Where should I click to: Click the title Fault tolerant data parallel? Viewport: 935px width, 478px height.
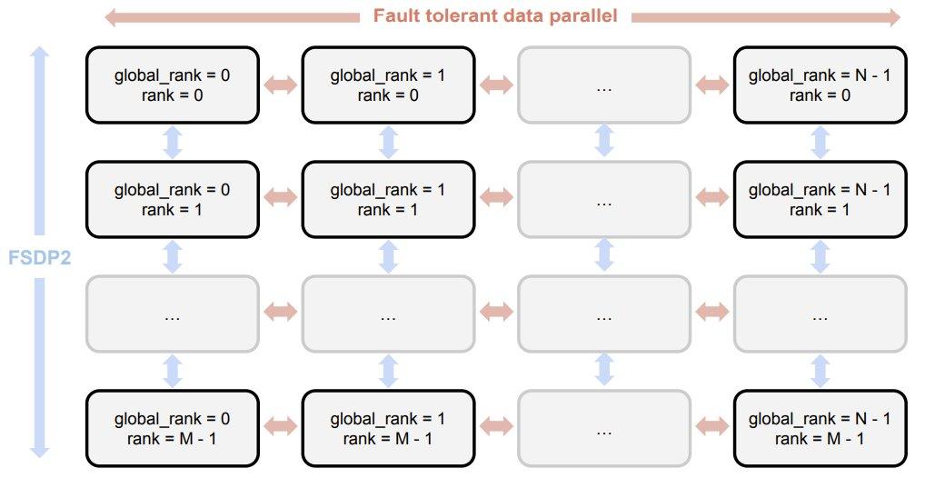tap(495, 15)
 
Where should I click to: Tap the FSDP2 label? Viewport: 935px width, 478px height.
tap(39, 257)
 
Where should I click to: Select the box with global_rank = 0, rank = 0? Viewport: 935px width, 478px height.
tap(173, 85)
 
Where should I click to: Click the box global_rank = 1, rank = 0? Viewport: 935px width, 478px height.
tap(388, 85)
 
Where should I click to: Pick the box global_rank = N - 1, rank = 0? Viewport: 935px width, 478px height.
tap(820, 85)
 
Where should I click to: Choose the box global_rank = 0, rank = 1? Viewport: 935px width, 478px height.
tap(173, 200)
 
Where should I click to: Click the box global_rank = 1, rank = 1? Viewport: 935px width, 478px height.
tap(388, 200)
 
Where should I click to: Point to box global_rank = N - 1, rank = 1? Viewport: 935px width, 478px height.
tap(820, 200)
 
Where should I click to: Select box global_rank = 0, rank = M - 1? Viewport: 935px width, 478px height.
tap(173, 429)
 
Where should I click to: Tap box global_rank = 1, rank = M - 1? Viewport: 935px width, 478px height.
tap(388, 429)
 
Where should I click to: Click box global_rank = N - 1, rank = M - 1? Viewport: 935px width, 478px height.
tap(820, 429)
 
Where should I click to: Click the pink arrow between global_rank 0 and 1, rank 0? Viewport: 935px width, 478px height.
tap(280, 85)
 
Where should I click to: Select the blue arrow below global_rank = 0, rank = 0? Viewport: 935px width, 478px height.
tap(173, 143)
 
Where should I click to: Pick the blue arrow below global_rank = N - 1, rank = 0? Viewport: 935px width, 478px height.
tap(820, 143)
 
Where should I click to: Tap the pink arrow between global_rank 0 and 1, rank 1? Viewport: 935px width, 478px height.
tap(280, 197)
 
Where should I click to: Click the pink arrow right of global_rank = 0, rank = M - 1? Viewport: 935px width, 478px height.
tap(280, 426)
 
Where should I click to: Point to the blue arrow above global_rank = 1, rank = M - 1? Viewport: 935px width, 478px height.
tap(388, 372)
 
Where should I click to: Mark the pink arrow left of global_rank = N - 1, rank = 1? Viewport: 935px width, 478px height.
tap(712, 197)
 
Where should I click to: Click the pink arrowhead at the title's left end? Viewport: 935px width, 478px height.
tap(111, 17)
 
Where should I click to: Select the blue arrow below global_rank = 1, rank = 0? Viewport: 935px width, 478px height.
tap(388, 143)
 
